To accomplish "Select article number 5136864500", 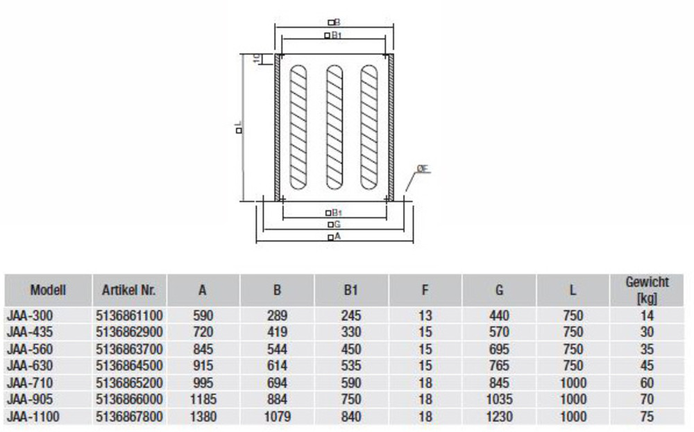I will [128, 366].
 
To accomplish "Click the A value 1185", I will [202, 400].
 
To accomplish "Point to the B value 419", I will [277, 332].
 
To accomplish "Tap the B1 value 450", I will [351, 349].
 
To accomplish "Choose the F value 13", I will [425, 316].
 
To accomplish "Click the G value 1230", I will [499, 417].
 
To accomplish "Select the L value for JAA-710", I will [573, 383].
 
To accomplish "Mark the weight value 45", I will [647, 366].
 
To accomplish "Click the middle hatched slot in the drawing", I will [334, 128].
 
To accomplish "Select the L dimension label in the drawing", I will [238, 128].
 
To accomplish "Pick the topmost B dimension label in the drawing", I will [334, 22].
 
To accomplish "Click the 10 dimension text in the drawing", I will [257, 59].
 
